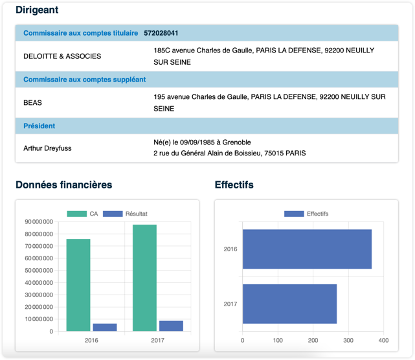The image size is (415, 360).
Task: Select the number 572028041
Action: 161,33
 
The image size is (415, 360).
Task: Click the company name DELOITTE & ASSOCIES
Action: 62,56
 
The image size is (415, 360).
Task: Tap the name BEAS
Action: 32,102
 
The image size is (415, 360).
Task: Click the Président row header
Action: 39,126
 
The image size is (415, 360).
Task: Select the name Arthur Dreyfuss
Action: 47,148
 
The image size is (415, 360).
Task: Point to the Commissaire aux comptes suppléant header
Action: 84,80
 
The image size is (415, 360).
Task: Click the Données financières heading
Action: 63,185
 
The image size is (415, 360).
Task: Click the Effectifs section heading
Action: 234,185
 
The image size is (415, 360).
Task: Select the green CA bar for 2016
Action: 78,285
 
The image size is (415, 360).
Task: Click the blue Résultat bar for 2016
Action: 105,327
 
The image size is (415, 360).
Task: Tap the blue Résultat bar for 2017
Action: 171,326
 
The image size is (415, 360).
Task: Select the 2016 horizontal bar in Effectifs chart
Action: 307,249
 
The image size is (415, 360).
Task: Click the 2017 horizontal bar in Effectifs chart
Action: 289,304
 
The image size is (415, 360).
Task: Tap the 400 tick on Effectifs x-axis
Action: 383,339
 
